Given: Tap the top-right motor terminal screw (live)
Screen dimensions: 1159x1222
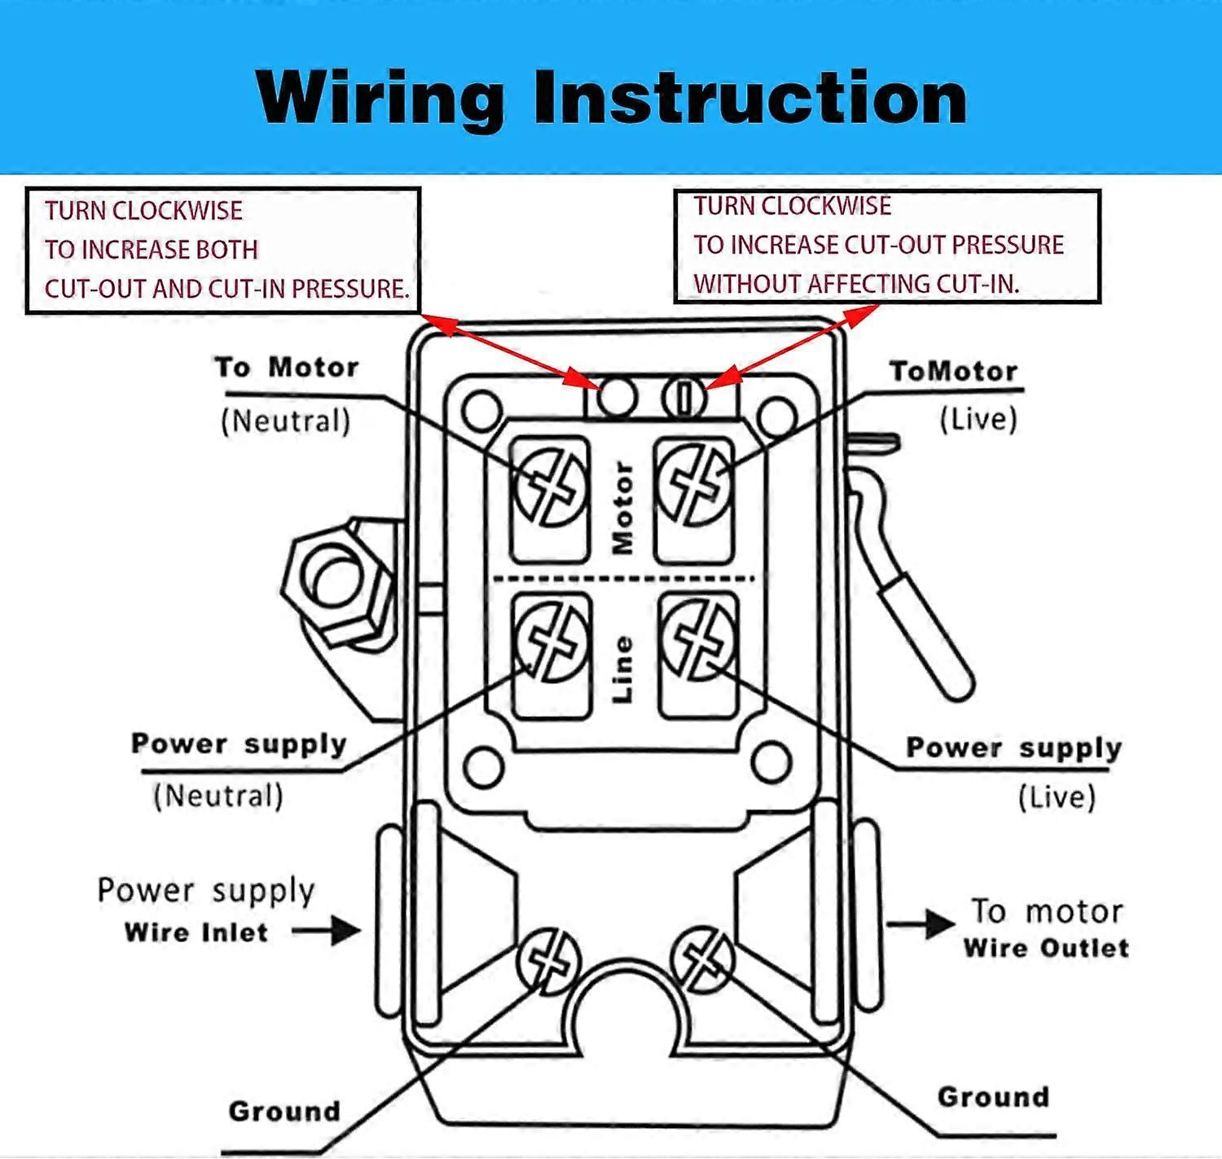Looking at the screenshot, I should click(x=695, y=484).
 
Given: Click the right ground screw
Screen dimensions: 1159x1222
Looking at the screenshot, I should click(x=702, y=958).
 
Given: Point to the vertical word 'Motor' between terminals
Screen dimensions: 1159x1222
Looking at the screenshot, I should click(x=623, y=508).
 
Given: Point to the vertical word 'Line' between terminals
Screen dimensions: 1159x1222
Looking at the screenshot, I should click(x=622, y=669).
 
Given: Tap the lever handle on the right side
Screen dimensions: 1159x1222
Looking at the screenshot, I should click(x=929, y=636).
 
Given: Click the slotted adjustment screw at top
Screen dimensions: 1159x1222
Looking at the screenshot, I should click(x=684, y=398).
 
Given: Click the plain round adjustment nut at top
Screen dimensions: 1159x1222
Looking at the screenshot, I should click(x=617, y=397).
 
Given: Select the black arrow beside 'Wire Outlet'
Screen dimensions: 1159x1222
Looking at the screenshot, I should click(x=921, y=924).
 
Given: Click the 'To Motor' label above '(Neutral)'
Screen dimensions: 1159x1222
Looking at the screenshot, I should click(x=287, y=368).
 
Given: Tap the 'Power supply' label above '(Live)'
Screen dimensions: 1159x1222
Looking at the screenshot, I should click(x=1014, y=747).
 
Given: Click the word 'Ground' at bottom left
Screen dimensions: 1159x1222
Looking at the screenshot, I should click(x=284, y=1111).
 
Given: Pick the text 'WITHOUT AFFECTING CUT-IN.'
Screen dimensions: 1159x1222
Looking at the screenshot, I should click(x=856, y=284).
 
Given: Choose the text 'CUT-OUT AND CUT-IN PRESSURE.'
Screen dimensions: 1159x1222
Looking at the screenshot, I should click(x=226, y=289).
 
